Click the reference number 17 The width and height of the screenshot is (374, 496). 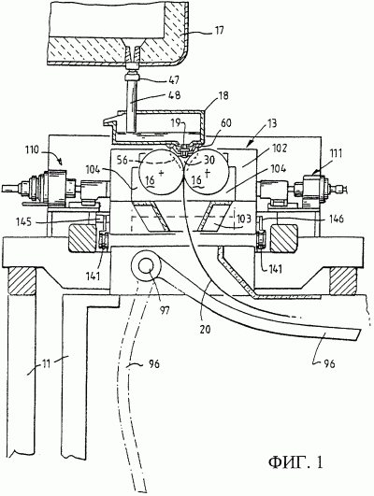pyautogui.click(x=219, y=30)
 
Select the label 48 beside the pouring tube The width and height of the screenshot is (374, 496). pyautogui.click(x=174, y=95)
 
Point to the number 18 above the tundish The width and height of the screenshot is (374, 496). pyautogui.click(x=223, y=95)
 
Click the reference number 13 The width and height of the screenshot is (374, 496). pyautogui.click(x=271, y=123)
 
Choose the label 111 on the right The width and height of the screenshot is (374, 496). pyautogui.click(x=336, y=154)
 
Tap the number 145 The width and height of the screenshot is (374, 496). pyautogui.click(x=24, y=221)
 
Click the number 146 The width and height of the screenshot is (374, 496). pyautogui.click(x=335, y=219)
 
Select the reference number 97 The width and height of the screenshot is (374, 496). pyautogui.click(x=164, y=310)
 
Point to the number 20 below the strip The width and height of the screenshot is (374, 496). pyautogui.click(x=205, y=329)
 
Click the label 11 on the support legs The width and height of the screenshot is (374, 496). pyautogui.click(x=47, y=364)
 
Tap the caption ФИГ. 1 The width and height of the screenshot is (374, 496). pyautogui.click(x=295, y=462)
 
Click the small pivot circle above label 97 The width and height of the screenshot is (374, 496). pyautogui.click(x=145, y=265)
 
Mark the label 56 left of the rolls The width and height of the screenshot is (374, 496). pyautogui.click(x=121, y=161)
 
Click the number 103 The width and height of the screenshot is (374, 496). pyautogui.click(x=243, y=219)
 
